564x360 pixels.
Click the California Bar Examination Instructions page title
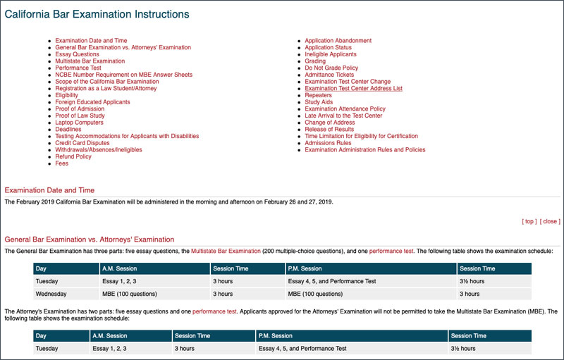tap(97, 14)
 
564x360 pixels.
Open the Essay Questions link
tap(77, 54)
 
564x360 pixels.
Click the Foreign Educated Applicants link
tap(92, 102)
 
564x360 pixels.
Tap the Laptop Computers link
tap(79, 123)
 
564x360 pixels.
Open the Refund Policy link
tap(73, 156)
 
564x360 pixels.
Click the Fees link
tap(62, 163)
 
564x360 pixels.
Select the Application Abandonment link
tap(338, 41)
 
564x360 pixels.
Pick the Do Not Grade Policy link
tap(331, 68)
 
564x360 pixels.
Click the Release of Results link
tap(329, 130)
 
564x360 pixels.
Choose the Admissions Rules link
tap(328, 143)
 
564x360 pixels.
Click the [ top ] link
tap(529, 221)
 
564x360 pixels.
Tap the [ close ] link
tap(550, 221)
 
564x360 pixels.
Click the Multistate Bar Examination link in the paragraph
tap(226, 251)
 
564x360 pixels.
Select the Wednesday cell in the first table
tap(51, 294)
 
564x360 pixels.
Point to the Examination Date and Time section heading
tap(49, 190)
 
